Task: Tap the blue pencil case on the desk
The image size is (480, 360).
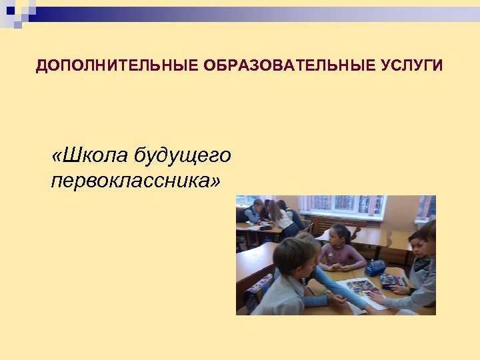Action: tap(375, 267)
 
